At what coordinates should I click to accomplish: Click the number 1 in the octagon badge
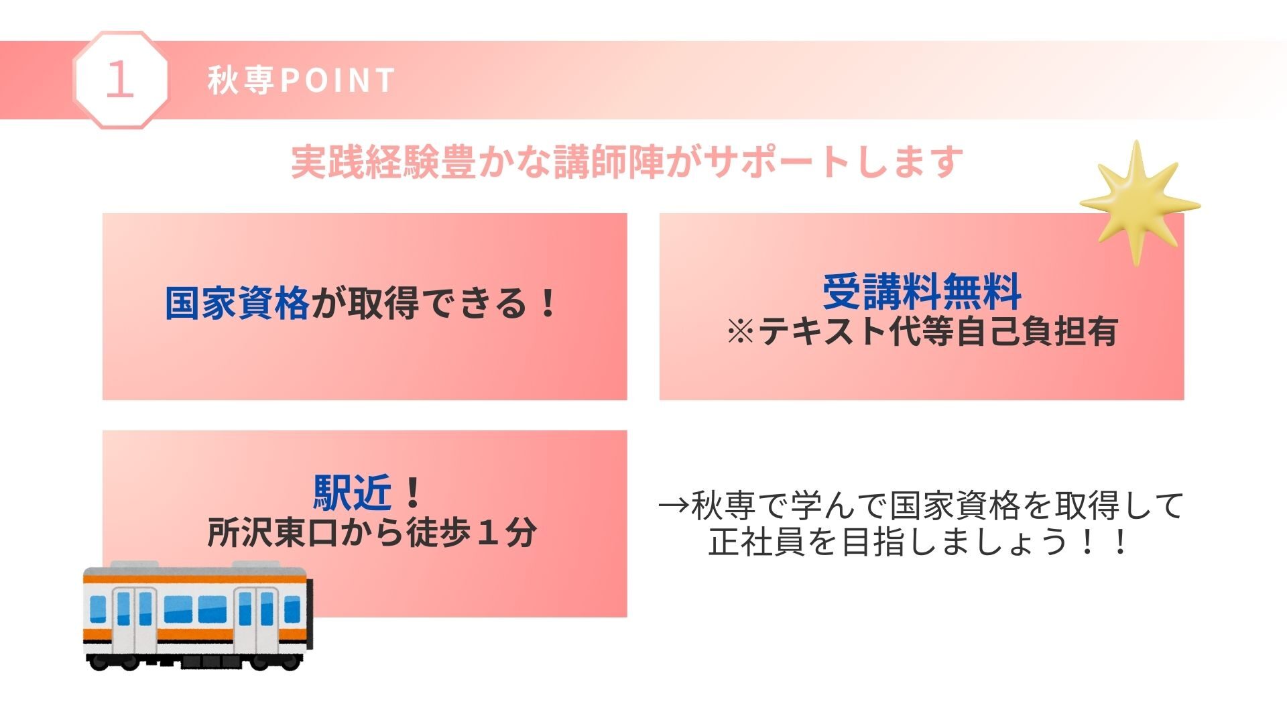(x=120, y=80)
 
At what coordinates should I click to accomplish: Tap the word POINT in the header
(x=336, y=80)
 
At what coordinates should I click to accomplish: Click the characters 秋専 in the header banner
(x=241, y=80)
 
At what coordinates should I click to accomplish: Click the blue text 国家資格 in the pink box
(x=237, y=303)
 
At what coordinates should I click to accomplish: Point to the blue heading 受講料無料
(x=922, y=292)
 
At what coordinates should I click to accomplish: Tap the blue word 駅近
(x=353, y=493)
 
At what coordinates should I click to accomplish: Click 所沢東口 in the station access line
(x=273, y=533)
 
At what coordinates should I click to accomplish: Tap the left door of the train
(x=133, y=621)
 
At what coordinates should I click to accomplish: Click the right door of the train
(x=255, y=621)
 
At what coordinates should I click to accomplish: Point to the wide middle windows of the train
(x=195, y=609)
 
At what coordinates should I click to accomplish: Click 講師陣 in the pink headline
(x=609, y=162)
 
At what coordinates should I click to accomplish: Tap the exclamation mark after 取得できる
(x=548, y=303)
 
